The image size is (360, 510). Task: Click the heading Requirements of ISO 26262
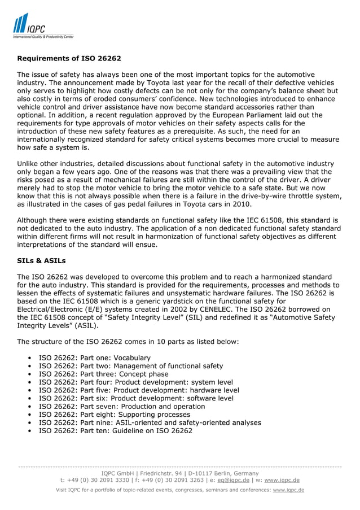tap(69, 58)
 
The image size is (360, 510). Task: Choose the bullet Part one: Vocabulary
tap(94, 358)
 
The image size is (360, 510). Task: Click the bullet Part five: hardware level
tap(138, 390)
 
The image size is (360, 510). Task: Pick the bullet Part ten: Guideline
tap(115, 430)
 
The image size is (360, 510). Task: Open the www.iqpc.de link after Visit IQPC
tap(288, 490)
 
